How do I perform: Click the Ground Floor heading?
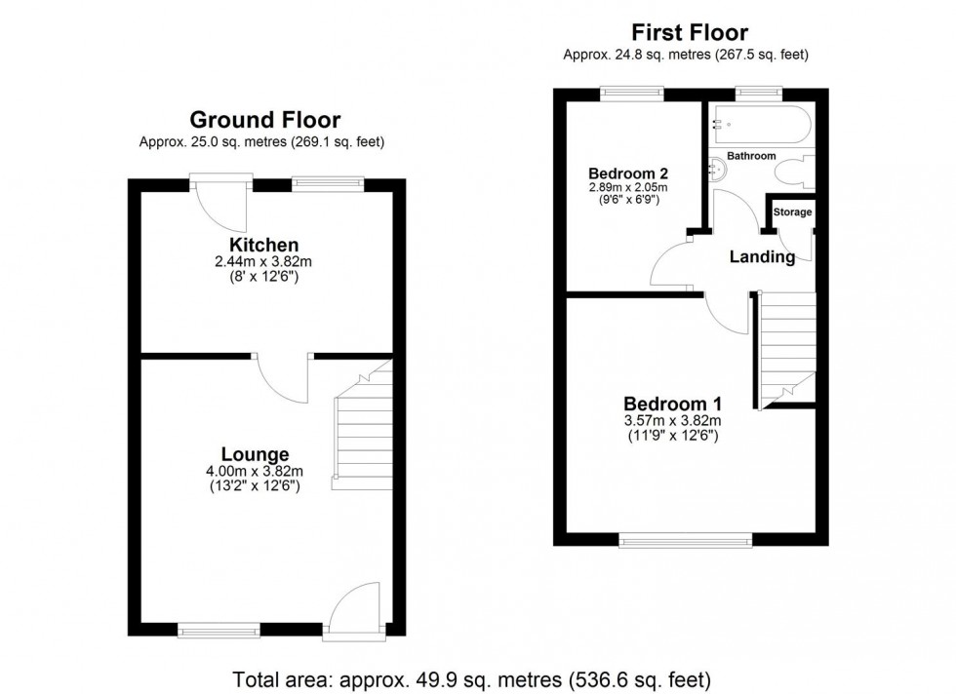264,120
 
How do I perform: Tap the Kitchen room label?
263,244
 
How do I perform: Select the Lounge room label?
255,454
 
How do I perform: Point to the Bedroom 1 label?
672,404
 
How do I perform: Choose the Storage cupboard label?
791,212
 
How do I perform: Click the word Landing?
762,257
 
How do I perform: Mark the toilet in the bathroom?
792,173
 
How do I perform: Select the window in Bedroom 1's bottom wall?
686,538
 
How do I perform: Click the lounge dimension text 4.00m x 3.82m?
254,472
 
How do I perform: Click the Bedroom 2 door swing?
672,263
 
